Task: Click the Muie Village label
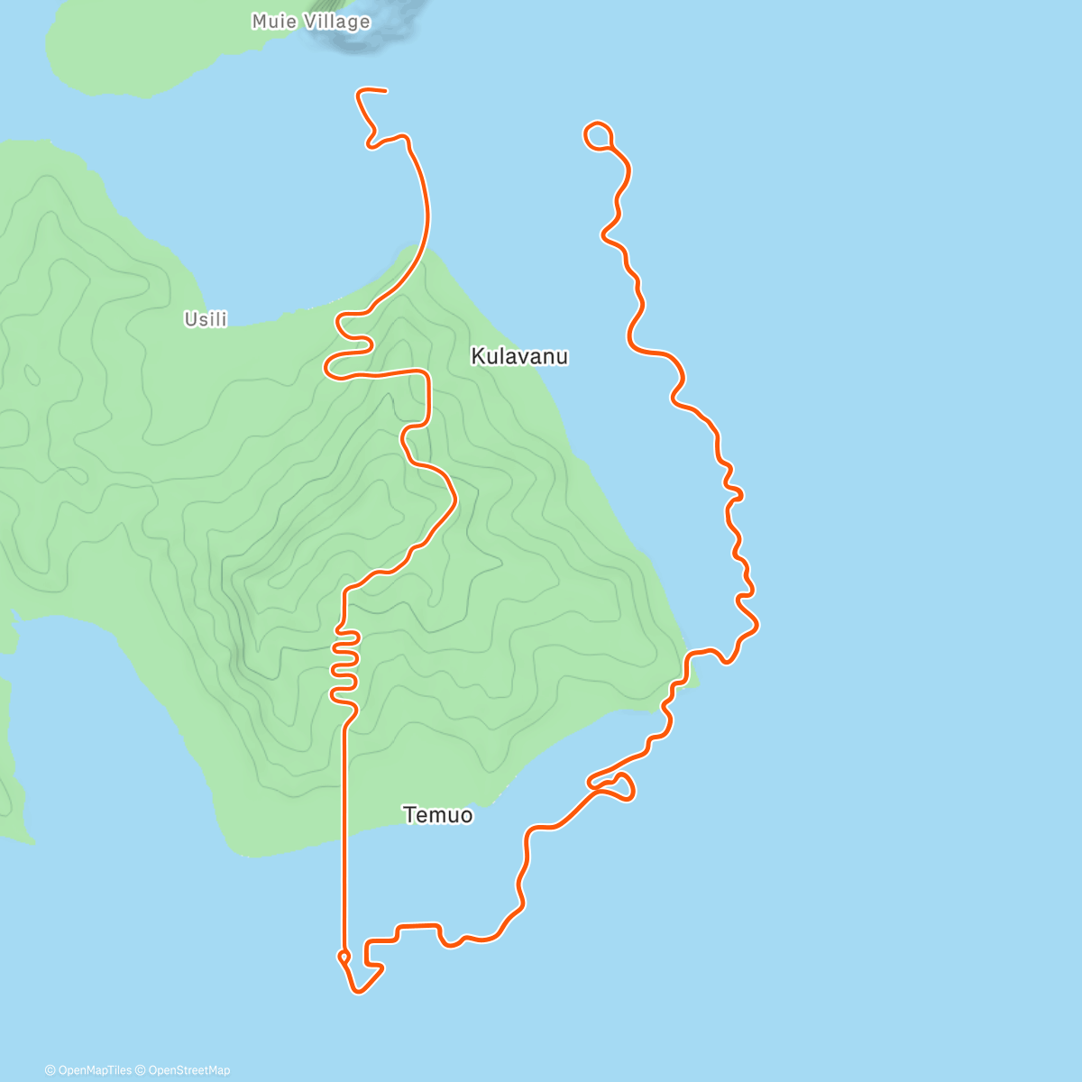[310, 21]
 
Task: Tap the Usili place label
[206, 319]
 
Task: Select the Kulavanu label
[519, 356]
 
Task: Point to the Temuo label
[437, 815]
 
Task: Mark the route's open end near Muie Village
[385, 90]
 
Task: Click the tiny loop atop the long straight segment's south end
[344, 956]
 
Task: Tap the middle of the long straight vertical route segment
[344, 830]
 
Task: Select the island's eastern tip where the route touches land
[690, 672]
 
